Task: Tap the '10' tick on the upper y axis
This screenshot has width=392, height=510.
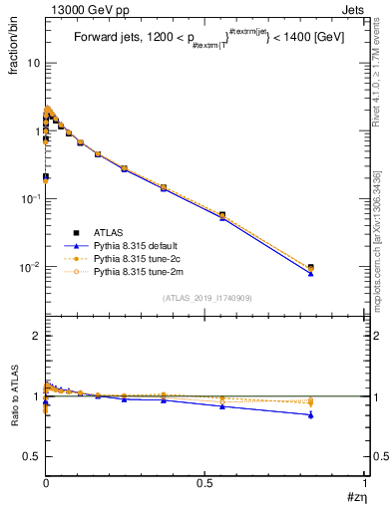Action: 31,63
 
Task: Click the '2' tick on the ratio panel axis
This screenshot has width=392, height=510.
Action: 34,337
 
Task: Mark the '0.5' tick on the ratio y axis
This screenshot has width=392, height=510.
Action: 29,456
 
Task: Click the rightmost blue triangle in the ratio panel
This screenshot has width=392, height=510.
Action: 310,414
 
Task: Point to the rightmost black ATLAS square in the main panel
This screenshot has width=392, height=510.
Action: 310,267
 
